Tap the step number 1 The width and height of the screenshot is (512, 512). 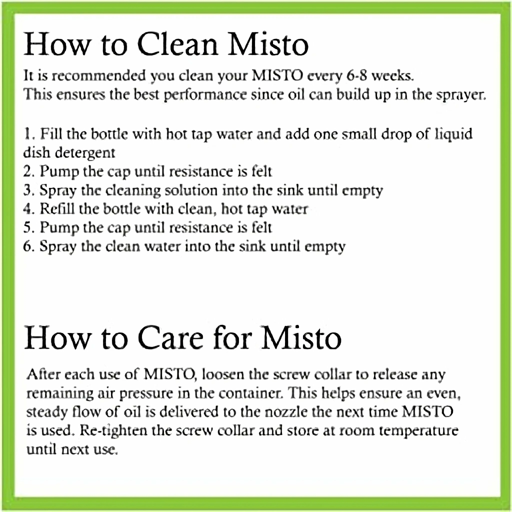pyautogui.click(x=28, y=134)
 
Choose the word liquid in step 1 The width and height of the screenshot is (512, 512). pyautogui.click(x=451, y=134)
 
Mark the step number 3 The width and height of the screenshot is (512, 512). pyautogui.click(x=28, y=190)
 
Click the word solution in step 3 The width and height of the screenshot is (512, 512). pyautogui.click(x=191, y=190)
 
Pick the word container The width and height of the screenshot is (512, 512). pyautogui.click(x=241, y=393)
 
